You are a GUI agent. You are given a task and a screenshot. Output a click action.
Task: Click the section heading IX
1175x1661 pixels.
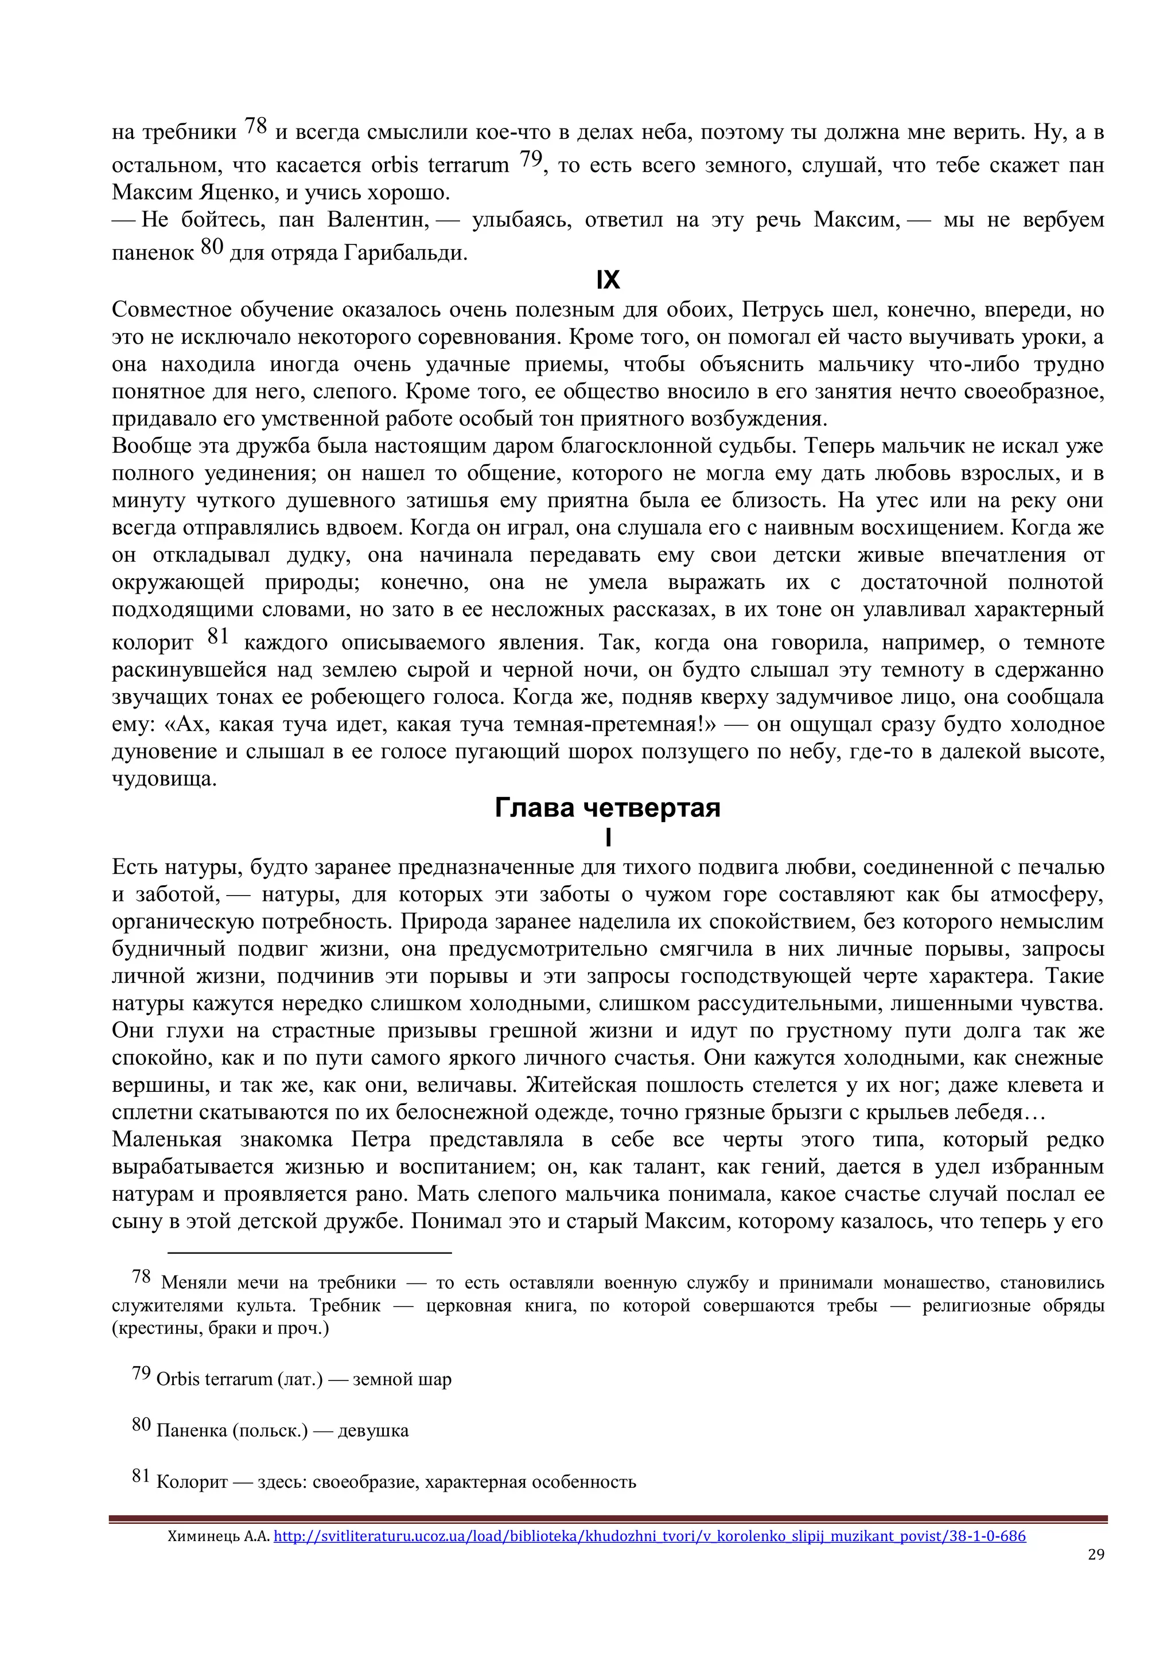click(608, 280)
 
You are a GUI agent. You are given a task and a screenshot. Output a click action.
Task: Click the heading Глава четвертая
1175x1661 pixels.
click(607, 807)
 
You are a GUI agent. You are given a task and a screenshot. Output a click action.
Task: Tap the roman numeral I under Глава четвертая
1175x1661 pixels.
click(608, 838)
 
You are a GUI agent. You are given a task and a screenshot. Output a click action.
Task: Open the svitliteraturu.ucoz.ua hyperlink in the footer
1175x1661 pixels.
click(649, 1536)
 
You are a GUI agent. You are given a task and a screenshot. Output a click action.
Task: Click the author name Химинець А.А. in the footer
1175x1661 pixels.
click(219, 1536)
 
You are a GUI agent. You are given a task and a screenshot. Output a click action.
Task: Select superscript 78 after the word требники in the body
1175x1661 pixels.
click(255, 126)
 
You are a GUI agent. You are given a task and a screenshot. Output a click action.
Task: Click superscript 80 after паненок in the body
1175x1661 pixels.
click(212, 247)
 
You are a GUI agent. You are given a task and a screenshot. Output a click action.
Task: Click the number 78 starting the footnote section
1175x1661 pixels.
click(141, 1277)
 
